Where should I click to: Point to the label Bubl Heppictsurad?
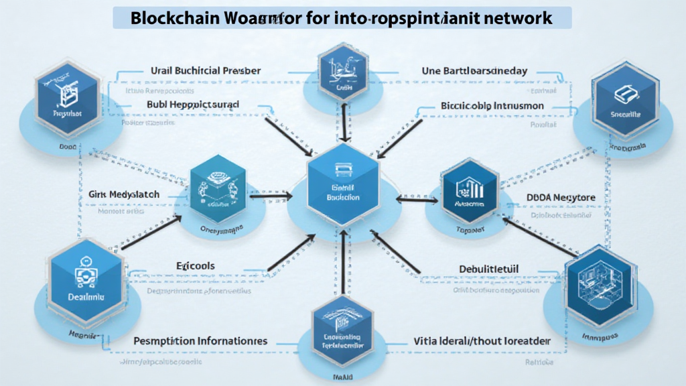point(193,105)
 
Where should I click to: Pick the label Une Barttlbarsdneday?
point(475,70)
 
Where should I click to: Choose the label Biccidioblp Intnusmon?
point(492,105)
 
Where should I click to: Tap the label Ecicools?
point(195,266)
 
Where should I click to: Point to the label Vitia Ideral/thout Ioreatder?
point(482,341)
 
